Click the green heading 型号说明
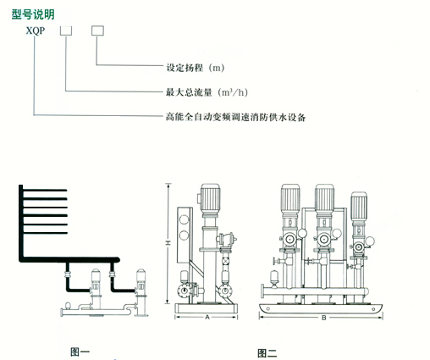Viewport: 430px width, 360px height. point(33,14)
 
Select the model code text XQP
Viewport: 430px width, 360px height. point(36,30)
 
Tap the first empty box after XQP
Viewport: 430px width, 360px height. point(66,30)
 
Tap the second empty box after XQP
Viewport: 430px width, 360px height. point(97,30)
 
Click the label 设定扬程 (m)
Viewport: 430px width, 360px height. point(196,68)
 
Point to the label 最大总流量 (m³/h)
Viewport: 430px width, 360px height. point(207,92)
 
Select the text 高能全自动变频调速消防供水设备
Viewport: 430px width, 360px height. point(235,117)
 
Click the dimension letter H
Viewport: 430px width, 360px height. point(168,243)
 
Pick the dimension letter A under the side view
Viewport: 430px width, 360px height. point(207,318)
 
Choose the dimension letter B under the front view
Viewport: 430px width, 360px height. point(324,318)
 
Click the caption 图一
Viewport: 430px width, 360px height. point(80,352)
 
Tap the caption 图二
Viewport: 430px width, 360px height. point(267,353)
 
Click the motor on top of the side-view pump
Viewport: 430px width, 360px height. point(210,197)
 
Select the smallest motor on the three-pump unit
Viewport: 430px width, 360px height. point(359,206)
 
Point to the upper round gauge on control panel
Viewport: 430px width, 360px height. point(184,219)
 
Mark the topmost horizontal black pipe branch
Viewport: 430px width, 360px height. point(45,191)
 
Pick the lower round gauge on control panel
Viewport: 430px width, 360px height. point(184,235)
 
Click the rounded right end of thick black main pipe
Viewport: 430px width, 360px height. point(117,259)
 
